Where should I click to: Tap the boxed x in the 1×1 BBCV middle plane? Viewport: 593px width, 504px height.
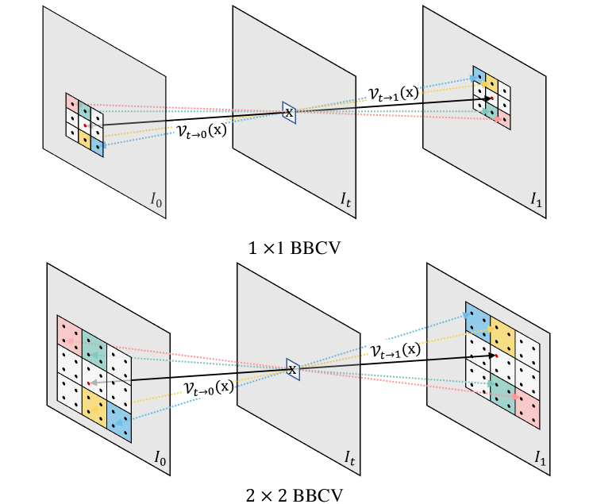click(289, 113)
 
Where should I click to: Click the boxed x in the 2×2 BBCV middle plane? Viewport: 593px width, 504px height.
click(291, 369)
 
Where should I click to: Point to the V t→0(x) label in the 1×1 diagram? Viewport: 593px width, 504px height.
click(206, 130)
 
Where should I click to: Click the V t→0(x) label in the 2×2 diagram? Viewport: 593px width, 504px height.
click(209, 387)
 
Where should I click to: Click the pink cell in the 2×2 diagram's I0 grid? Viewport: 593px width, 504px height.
click(69, 332)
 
